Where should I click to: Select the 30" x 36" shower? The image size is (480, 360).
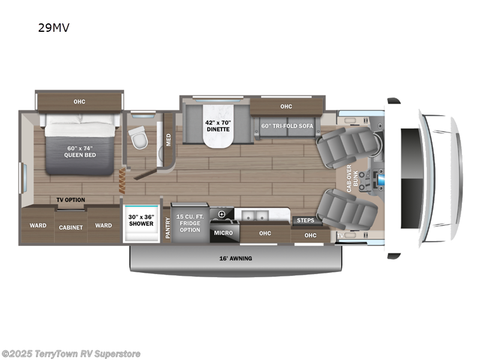142,221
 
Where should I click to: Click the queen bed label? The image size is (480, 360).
80,151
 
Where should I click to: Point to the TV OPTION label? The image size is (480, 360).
71,200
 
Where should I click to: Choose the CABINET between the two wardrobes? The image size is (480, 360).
71,227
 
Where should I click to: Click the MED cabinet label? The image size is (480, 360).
169,139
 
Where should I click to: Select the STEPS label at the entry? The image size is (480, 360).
305,220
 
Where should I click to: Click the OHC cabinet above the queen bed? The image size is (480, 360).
79,101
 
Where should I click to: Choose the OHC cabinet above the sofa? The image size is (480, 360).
286,107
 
